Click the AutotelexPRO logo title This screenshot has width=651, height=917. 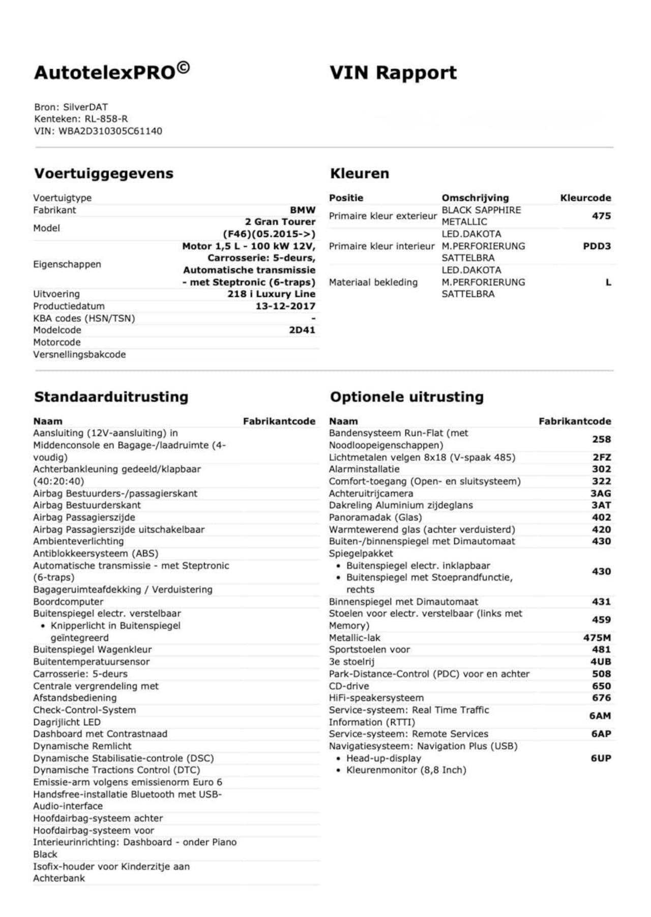[x=112, y=72]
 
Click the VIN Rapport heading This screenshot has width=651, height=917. [x=393, y=73]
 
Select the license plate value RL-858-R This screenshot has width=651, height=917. [x=106, y=119]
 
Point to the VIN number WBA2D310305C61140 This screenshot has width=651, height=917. [x=110, y=131]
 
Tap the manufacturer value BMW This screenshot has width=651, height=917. [x=303, y=210]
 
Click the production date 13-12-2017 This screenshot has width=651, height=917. [x=285, y=306]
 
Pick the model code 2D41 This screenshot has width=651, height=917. [x=302, y=330]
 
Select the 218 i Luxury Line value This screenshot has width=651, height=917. [x=271, y=294]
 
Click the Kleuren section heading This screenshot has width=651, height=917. [x=359, y=173]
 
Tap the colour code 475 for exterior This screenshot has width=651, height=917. [x=601, y=216]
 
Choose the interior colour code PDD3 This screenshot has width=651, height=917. [x=597, y=246]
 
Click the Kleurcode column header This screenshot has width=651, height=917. [x=585, y=198]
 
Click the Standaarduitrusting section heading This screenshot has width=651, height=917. [x=111, y=397]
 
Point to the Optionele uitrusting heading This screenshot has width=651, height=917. [x=406, y=397]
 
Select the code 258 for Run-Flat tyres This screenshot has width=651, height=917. [x=601, y=439]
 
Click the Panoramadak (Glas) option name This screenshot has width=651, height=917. [x=375, y=517]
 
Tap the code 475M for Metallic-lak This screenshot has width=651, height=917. [x=597, y=637]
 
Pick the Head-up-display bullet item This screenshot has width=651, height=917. [x=383, y=758]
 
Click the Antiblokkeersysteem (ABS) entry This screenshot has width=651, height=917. [x=96, y=554]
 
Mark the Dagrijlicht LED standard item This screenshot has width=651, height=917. [x=67, y=722]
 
